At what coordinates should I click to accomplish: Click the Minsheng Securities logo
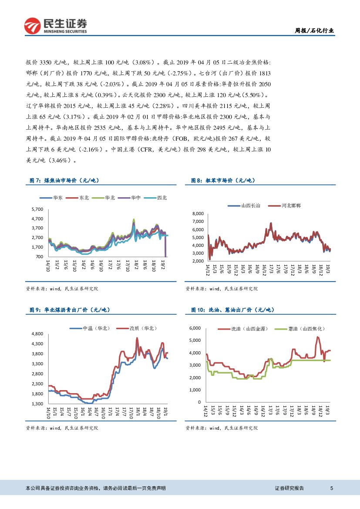tap(55, 26)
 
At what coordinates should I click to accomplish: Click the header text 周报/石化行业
tap(315, 30)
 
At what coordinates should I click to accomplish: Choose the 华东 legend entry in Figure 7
tap(56, 198)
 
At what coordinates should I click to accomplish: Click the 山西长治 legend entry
tap(247, 205)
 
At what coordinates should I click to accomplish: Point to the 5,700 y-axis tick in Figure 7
tap(38, 209)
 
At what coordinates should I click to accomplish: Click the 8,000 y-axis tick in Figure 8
tap(198, 214)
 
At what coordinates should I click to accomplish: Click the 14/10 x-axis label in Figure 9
tap(48, 412)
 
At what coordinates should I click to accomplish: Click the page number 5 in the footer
tap(332, 489)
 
